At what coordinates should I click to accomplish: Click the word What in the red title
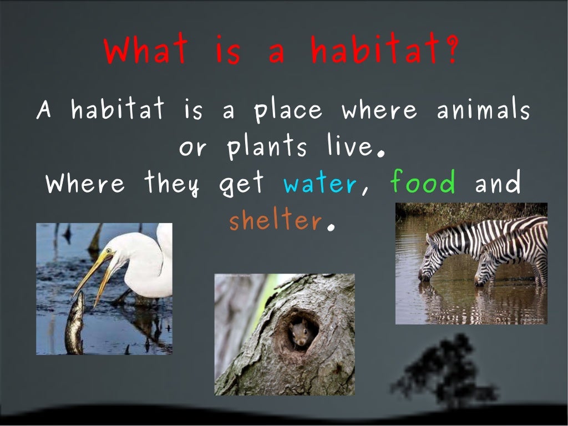tap(145, 51)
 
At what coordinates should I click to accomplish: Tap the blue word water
tap(319, 183)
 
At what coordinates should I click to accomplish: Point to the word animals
tap(483, 110)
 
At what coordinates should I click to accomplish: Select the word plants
tap(267, 148)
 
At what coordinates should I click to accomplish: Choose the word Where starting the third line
tap(86, 183)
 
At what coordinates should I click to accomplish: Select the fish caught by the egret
tap(75, 324)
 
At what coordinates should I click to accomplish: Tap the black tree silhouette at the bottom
tap(438, 372)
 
